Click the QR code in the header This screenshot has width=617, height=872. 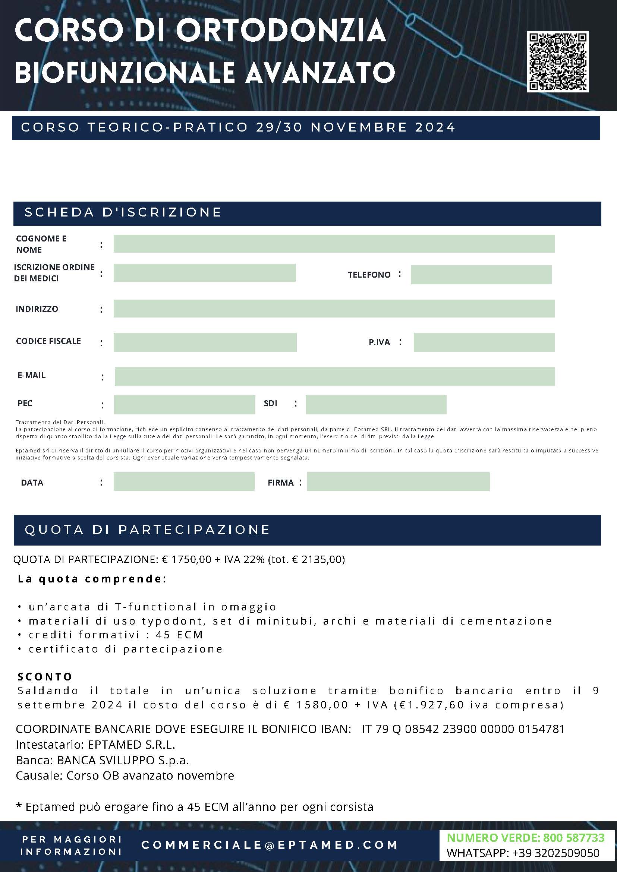coord(558,61)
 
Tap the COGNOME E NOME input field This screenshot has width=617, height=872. coord(334,244)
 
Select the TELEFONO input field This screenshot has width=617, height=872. coord(481,275)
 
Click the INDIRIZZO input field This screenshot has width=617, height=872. coord(334,309)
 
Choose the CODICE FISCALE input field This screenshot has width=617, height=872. coord(205,342)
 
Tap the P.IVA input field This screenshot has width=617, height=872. coord(484,342)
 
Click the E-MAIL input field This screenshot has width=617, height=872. coord(334,376)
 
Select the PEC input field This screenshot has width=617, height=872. coord(184,404)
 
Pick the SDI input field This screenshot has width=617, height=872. coord(376,404)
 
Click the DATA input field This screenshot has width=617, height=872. coord(184,481)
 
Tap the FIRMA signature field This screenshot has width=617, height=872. coord(398,481)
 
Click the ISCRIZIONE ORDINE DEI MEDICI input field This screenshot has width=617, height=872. coord(204,273)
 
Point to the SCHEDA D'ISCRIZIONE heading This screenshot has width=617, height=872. coord(123,212)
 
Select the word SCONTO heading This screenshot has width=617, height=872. coord(45,676)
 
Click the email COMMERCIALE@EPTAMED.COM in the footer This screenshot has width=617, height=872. coord(270,845)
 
